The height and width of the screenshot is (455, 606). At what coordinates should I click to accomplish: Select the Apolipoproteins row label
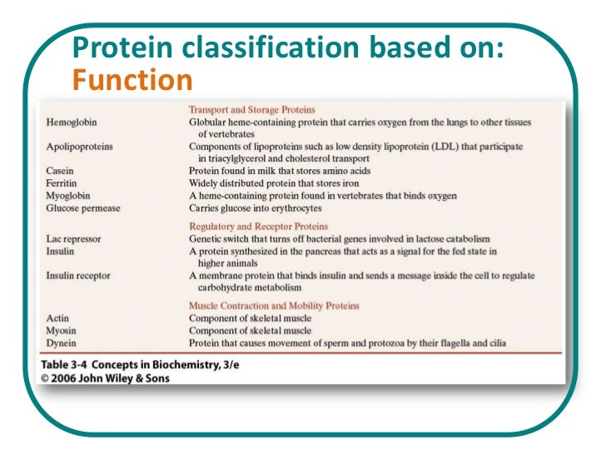[80, 146]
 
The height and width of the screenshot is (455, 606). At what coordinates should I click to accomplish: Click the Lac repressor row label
[74, 239]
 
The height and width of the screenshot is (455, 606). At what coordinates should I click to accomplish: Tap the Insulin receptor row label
[78, 275]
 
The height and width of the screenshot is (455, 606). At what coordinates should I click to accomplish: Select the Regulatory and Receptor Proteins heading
[258, 227]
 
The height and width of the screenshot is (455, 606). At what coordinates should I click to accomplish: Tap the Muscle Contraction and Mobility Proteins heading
[274, 306]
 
